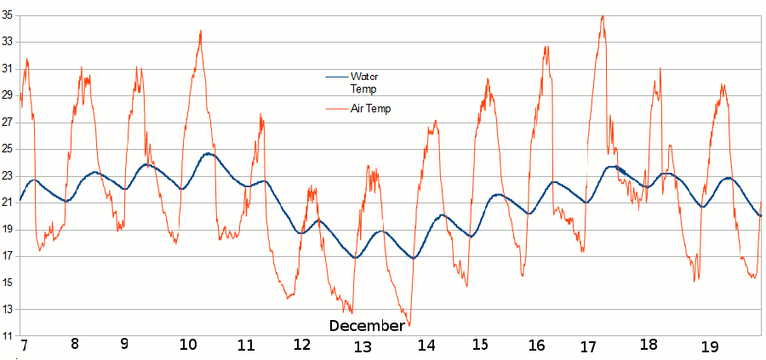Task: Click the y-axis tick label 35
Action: click(8, 15)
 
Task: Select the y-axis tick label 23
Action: click(8, 176)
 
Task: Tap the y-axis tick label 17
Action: click(8, 256)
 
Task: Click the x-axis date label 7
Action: click(24, 346)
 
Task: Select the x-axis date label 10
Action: click(188, 346)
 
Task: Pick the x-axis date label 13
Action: click(363, 346)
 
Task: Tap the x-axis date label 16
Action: click(536, 346)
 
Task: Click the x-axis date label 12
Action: click(302, 346)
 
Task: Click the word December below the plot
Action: click(367, 326)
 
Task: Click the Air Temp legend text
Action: click(370, 109)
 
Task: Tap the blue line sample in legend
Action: click(336, 77)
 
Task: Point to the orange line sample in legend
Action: click(336, 109)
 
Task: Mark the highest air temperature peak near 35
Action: click(603, 16)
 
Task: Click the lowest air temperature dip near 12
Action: click(409, 325)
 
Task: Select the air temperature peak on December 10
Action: click(201, 31)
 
